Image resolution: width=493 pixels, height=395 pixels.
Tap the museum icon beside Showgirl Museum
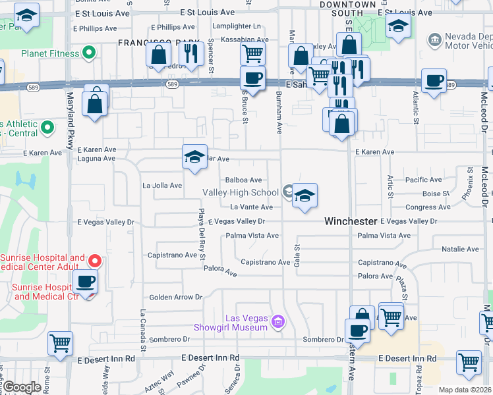click(x=277, y=322)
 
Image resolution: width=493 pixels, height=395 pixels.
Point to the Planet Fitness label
click(x=49, y=53)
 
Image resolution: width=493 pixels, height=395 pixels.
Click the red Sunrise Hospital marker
click(x=94, y=261)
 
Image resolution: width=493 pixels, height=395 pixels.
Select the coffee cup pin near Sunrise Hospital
click(x=85, y=282)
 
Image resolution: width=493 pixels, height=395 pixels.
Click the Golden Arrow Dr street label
click(x=175, y=298)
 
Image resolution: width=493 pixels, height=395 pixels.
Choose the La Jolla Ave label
click(x=162, y=186)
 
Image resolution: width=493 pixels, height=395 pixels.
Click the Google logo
click(x=22, y=388)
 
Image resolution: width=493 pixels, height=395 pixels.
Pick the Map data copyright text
click(x=465, y=390)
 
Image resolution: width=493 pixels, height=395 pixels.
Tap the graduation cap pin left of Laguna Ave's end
click(x=195, y=157)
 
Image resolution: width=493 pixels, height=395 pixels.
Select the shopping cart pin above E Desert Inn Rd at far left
click(x=60, y=342)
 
